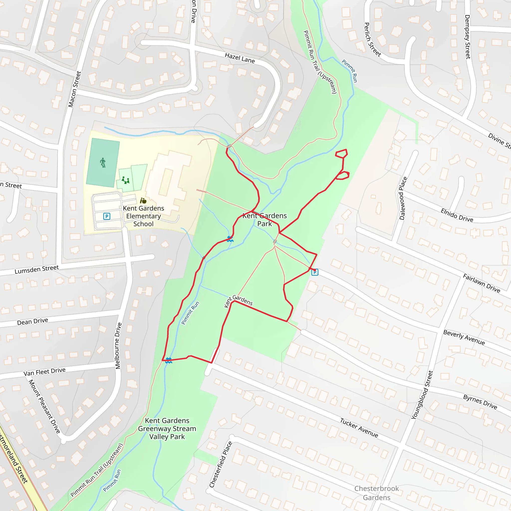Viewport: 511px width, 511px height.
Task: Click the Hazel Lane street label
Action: click(240, 58)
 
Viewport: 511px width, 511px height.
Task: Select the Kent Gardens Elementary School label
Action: click(143, 216)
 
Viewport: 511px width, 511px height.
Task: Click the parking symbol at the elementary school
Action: click(107, 216)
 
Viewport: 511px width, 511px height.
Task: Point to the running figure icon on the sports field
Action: click(103, 162)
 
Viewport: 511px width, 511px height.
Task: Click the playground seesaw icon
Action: click(125, 181)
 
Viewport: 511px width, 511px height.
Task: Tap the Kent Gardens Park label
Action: click(264, 220)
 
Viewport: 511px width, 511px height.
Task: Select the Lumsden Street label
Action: click(36, 269)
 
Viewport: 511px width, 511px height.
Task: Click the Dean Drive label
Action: click(32, 322)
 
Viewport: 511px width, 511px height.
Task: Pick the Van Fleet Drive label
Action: click(44, 372)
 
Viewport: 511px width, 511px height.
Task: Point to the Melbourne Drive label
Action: click(118, 345)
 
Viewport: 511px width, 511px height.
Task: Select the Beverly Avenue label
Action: click(464, 338)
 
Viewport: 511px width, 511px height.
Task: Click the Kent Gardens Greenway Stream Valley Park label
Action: click(167, 428)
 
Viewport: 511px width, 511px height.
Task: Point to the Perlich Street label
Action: click(373, 40)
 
